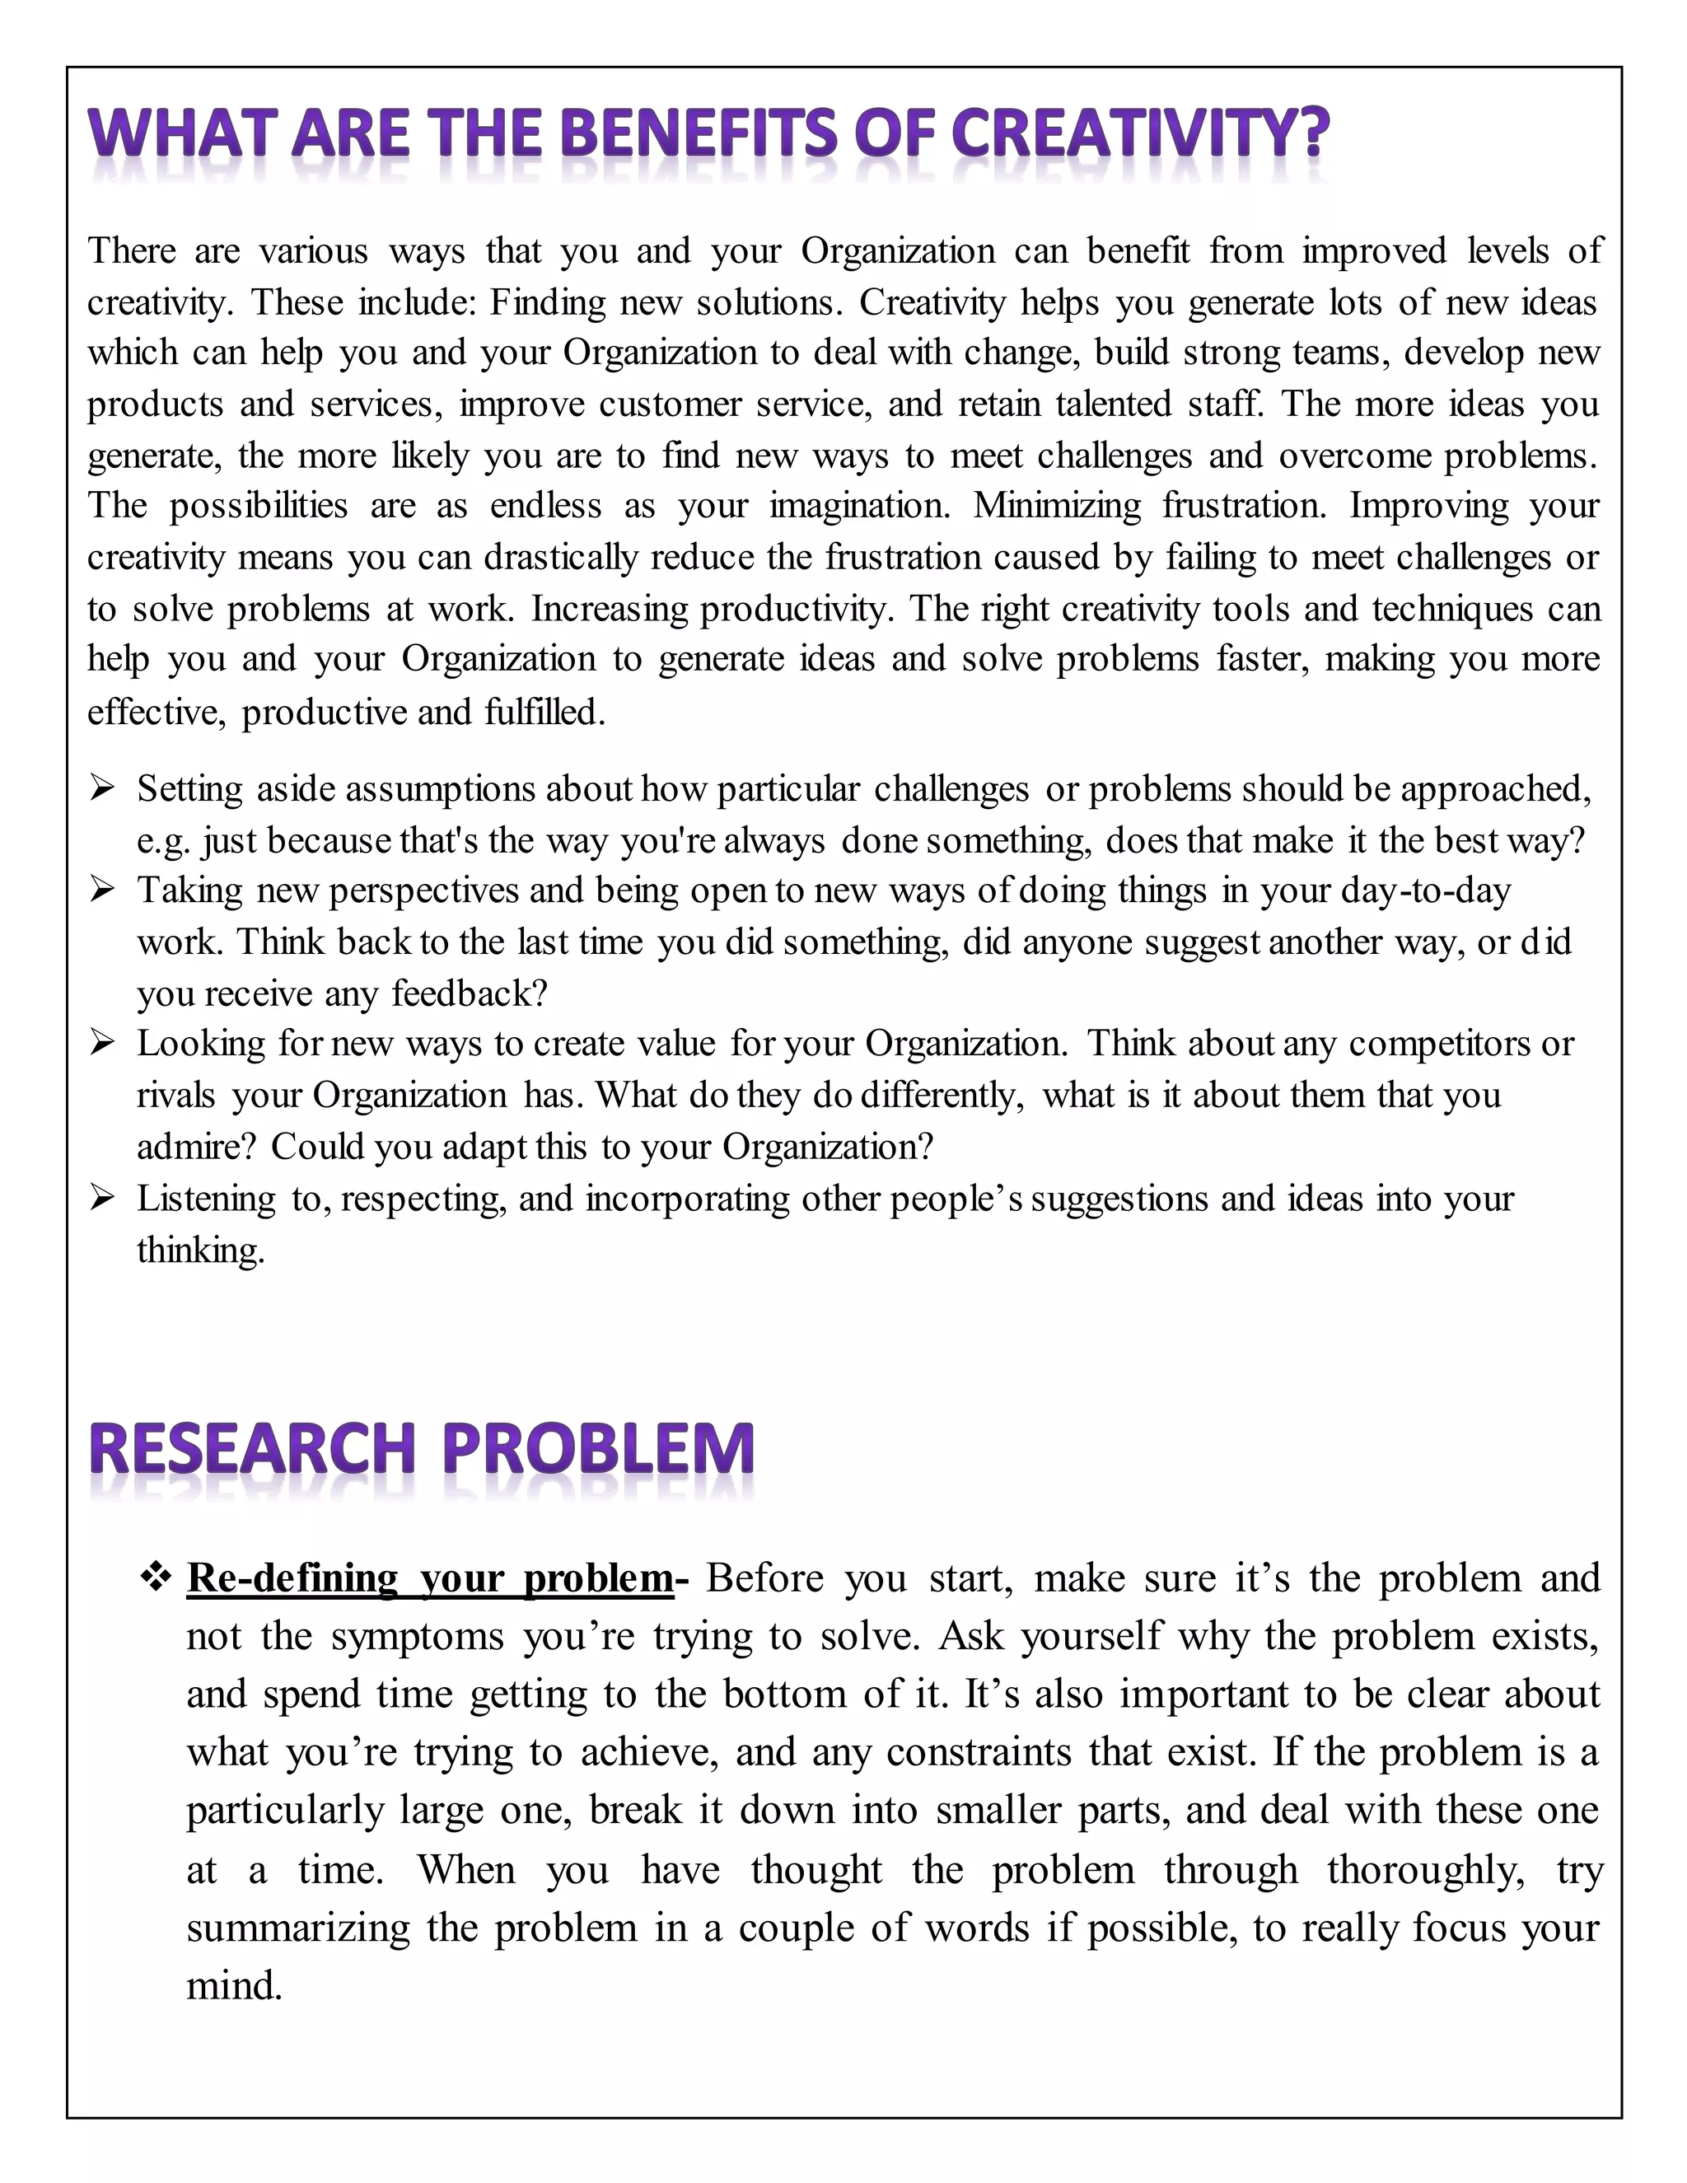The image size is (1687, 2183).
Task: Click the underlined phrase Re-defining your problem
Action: tap(430, 1578)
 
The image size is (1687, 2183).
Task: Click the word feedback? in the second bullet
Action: tap(470, 993)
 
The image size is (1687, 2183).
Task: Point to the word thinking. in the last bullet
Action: tap(201, 1250)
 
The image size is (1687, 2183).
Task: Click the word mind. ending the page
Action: tap(234, 1984)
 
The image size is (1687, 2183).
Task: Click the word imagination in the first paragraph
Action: tap(858, 507)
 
